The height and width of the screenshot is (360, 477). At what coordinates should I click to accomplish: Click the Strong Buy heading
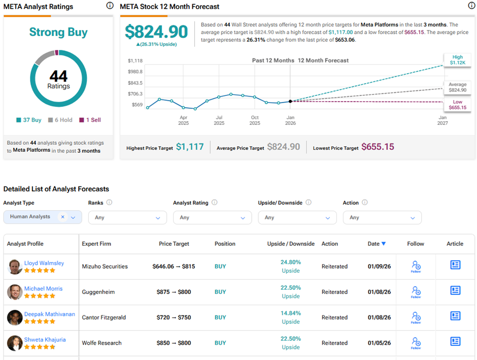[58, 32]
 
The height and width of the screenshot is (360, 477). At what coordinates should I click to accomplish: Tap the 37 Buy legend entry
[29, 120]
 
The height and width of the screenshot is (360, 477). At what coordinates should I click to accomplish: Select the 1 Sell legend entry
[90, 120]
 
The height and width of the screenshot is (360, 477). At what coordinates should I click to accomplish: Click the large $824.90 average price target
[156, 32]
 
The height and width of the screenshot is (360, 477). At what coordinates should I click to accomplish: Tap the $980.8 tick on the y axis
[135, 72]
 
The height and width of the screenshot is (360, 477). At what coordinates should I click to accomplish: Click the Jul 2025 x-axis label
[219, 120]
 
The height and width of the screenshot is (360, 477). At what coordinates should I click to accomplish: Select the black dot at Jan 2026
[290, 101]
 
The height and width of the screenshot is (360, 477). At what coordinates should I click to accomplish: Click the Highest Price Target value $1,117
[190, 147]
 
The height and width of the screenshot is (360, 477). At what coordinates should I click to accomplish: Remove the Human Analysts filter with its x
[62, 217]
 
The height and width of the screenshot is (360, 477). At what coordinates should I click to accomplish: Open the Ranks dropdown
[127, 217]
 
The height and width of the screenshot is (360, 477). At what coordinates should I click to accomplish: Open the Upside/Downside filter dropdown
[297, 217]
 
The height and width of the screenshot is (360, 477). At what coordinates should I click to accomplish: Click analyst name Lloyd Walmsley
[44, 263]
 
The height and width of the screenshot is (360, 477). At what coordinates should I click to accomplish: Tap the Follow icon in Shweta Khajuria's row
[416, 342]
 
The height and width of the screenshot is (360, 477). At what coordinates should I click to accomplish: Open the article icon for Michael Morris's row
[455, 290]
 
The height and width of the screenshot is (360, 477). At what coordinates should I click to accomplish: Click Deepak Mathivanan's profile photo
[15, 317]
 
